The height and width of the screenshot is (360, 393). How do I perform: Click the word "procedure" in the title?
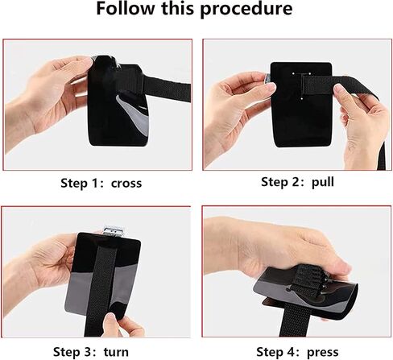coord(246,9)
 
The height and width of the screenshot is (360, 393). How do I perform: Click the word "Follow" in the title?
coord(125,8)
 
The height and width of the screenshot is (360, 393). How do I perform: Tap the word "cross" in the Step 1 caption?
coord(126,184)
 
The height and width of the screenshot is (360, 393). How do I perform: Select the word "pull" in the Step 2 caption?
coord(323,182)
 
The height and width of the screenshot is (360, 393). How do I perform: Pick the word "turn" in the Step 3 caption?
coord(116,352)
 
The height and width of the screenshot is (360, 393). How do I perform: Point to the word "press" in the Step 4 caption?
coord(322,352)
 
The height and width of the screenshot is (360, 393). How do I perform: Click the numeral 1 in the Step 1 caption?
coord(95,184)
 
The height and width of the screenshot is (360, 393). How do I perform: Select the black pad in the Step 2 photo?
coord(301,105)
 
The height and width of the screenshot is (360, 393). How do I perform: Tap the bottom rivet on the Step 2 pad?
coord(303,99)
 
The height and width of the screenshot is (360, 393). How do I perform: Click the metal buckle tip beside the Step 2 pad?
coord(267,78)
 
